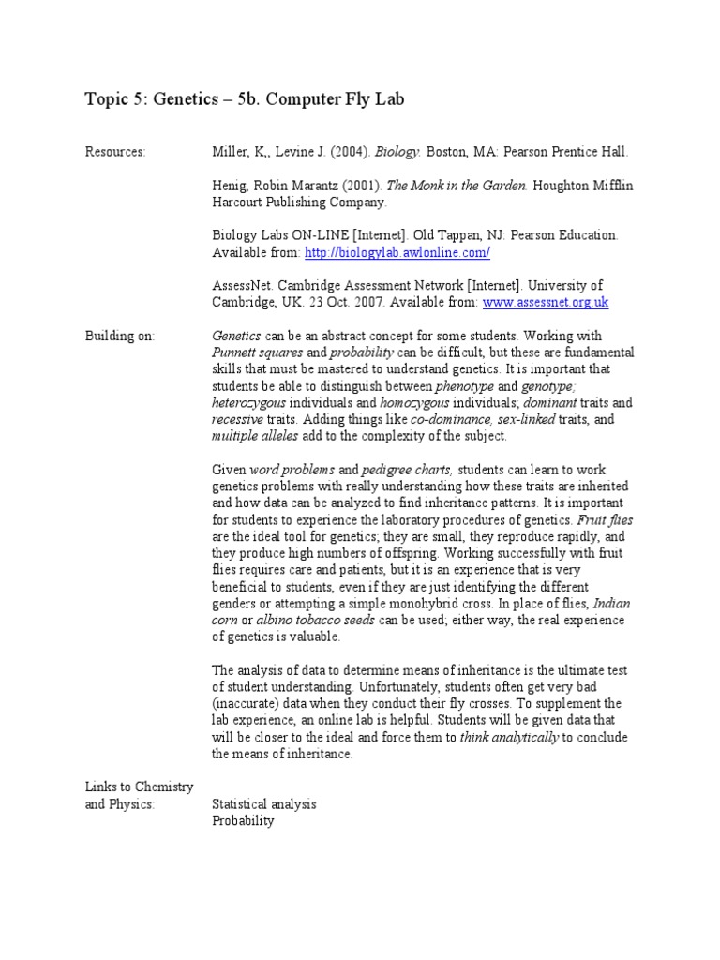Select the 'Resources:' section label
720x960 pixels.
coord(115,152)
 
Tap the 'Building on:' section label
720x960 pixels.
coord(120,336)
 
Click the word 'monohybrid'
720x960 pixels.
coord(442,604)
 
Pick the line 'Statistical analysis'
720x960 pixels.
coord(264,804)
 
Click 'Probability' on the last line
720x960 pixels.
coord(243,821)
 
